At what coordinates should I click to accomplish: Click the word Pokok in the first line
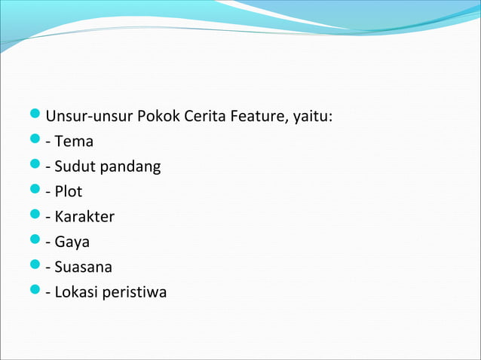click(x=156, y=117)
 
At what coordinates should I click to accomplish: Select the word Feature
click(x=253, y=117)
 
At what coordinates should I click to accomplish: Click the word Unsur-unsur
click(x=89, y=117)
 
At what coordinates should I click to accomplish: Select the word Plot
click(x=69, y=191)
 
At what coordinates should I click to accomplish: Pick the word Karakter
click(x=84, y=217)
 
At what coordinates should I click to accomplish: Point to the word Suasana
click(x=84, y=267)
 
